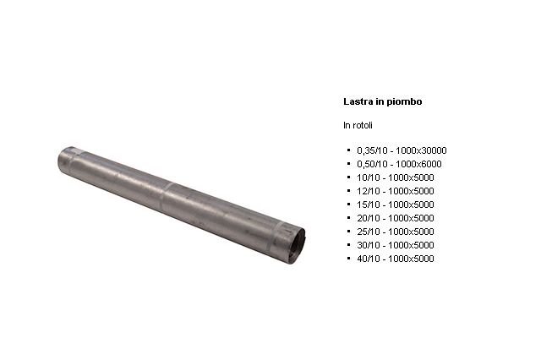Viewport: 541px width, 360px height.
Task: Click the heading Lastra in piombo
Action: (383, 101)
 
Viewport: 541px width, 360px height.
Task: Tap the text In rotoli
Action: (358, 125)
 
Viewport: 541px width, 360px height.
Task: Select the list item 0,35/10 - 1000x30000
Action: (402, 150)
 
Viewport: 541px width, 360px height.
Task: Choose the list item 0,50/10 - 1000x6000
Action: (399, 164)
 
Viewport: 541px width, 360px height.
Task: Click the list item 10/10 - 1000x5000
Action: (396, 177)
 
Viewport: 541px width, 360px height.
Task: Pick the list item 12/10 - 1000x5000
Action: (396, 191)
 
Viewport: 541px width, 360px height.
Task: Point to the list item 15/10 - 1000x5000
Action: (396, 205)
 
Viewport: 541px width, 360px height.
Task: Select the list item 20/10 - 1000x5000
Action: (396, 218)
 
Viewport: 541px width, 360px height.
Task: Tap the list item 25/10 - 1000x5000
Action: (396, 232)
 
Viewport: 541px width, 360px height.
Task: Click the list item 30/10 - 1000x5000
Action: (396, 245)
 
